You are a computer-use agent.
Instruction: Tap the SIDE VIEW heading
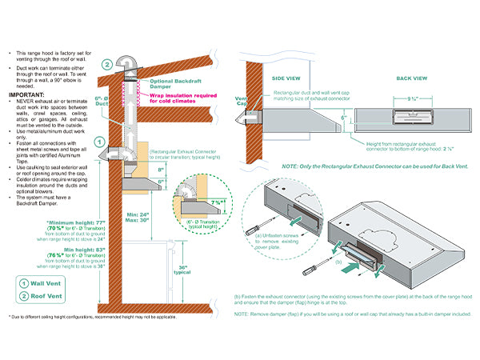click(x=286, y=79)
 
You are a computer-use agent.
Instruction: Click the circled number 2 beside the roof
click(x=107, y=65)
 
